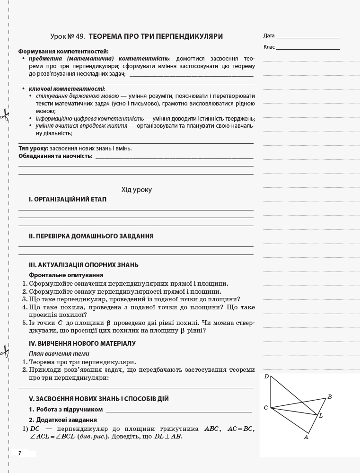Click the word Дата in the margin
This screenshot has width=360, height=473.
[269, 35]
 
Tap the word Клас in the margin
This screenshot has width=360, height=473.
[269, 47]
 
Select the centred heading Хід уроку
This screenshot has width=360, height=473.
[137, 190]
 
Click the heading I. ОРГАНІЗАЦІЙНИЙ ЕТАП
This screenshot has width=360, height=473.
[67, 200]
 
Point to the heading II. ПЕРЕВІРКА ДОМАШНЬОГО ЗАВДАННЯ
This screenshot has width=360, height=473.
[91, 236]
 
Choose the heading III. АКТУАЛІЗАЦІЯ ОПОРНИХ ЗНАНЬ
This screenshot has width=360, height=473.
[83, 265]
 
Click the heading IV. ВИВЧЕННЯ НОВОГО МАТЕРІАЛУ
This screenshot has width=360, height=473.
[82, 343]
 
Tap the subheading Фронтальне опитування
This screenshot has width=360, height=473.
[66, 275]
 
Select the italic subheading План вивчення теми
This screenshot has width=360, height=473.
[59, 353]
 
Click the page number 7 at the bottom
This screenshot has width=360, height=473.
[20, 453]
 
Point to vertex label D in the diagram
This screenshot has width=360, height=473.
[266, 377]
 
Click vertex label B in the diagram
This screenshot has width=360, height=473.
[330, 397]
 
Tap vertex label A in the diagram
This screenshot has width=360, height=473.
[306, 437]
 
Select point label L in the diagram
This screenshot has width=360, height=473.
[321, 416]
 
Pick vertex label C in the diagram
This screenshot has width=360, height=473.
[266, 408]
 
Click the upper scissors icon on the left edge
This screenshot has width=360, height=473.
[4, 114]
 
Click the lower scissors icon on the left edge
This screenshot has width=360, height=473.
[4, 351]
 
